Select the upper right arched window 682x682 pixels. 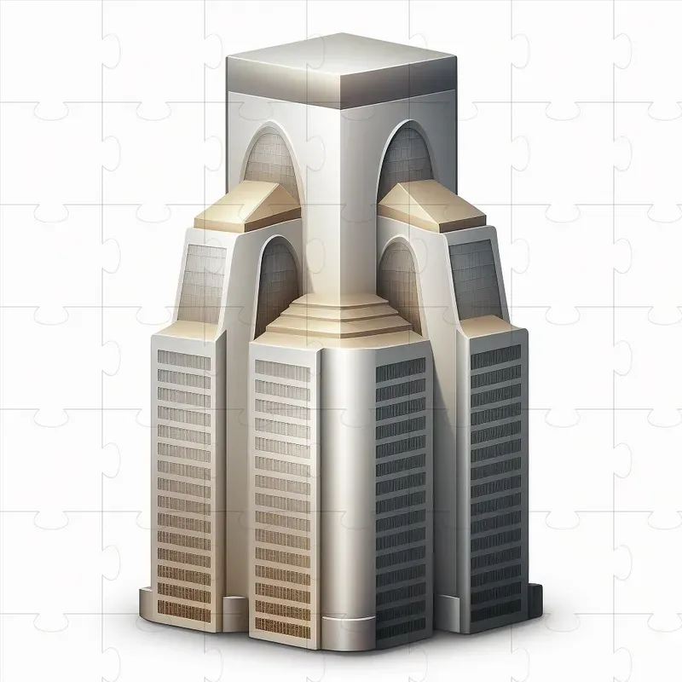tap(407, 158)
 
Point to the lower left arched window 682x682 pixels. tap(276, 277)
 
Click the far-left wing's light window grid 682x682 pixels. tap(183, 469)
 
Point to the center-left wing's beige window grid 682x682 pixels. tap(281, 486)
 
